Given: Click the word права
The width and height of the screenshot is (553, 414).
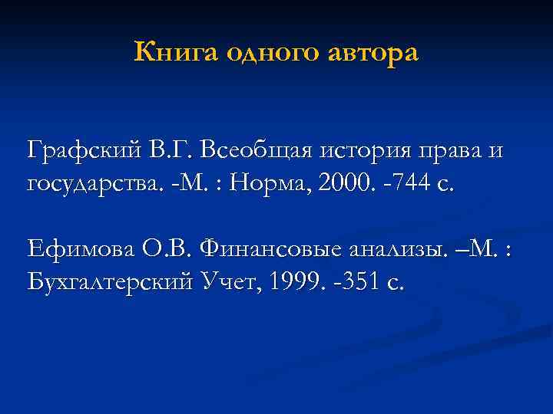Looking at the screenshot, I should click(x=449, y=149).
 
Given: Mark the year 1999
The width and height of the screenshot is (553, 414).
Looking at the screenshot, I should click(x=291, y=283).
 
